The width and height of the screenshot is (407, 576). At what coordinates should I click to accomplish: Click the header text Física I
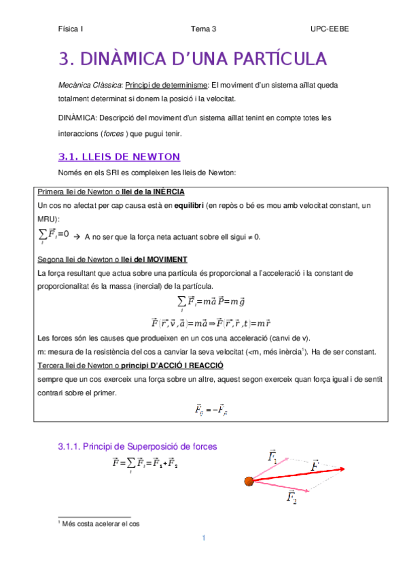point(70,29)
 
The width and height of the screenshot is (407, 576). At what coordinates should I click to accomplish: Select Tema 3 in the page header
point(203,29)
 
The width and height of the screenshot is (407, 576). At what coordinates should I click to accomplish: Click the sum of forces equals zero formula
point(54,235)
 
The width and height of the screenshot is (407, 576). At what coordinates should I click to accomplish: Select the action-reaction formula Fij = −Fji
point(211,410)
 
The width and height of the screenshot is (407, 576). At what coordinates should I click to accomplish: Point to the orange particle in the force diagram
point(249,482)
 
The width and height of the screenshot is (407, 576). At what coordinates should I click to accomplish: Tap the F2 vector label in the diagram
point(291,499)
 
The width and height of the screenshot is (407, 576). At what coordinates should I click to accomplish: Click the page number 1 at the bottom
point(203,539)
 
